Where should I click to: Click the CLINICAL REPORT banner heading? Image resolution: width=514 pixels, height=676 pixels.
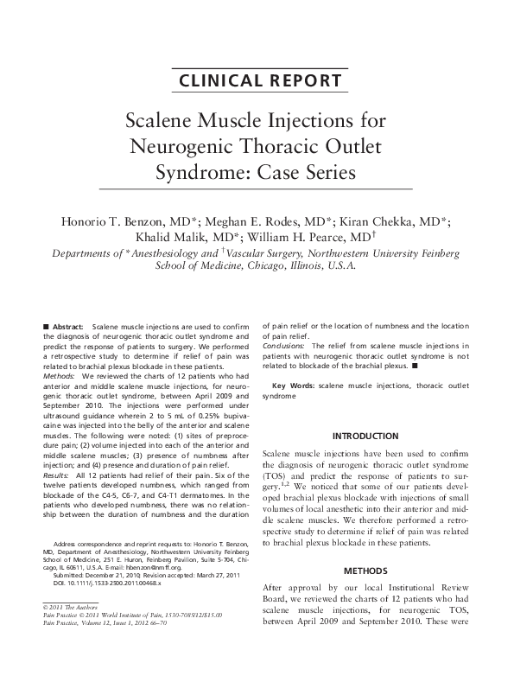[257, 81]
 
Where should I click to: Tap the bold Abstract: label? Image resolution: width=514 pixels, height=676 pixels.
[71, 326]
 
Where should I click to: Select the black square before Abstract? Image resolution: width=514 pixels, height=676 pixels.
[45, 326]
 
